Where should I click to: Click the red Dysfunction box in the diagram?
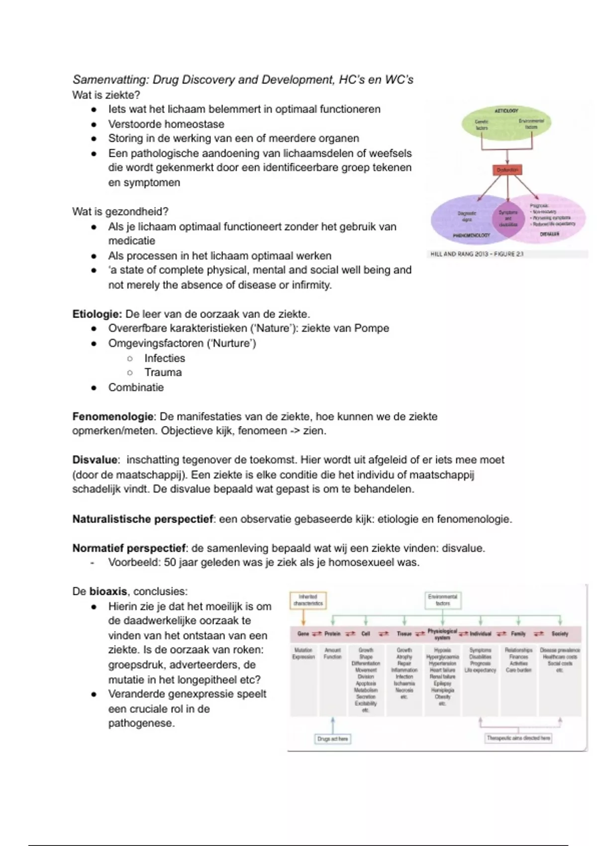click(x=507, y=170)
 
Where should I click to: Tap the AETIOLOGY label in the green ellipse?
click(x=506, y=110)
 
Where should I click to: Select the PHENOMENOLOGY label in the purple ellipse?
click(x=471, y=235)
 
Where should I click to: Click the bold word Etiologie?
click(x=97, y=314)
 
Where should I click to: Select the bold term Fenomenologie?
click(x=113, y=417)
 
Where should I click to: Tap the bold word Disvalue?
click(x=95, y=460)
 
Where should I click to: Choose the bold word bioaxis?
click(x=108, y=592)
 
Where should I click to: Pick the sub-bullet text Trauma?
click(x=163, y=373)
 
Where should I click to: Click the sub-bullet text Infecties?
click(x=164, y=358)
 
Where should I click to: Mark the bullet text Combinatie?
click(x=136, y=388)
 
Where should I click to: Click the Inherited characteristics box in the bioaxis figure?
click(x=308, y=600)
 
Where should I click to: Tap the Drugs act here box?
click(x=333, y=739)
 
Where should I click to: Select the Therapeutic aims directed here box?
click(x=518, y=738)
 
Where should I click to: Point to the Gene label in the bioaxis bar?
click(x=303, y=634)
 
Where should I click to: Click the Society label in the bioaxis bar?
click(x=560, y=634)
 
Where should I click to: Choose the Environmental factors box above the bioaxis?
click(x=442, y=600)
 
